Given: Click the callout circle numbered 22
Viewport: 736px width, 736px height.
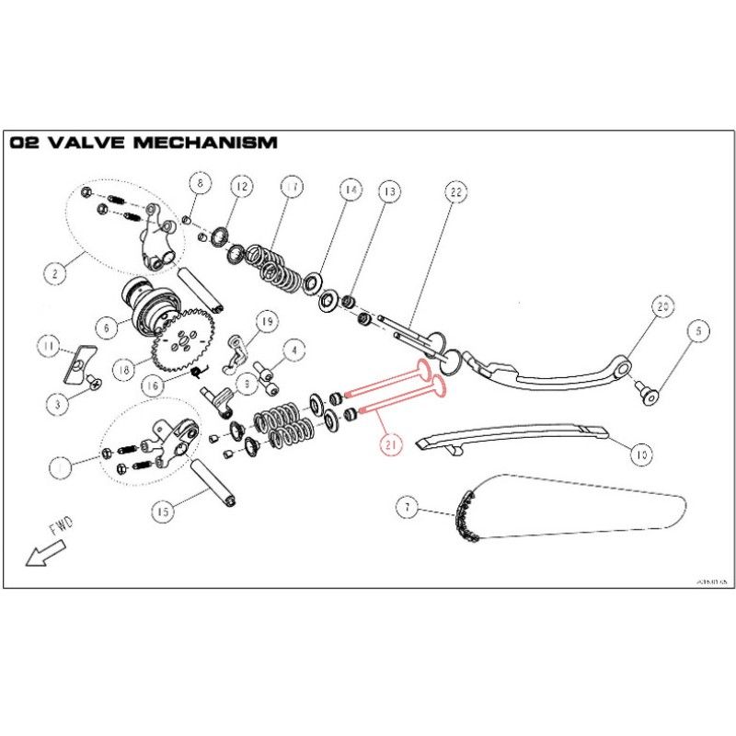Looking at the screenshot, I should tap(454, 192).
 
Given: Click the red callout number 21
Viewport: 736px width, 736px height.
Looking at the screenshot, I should tap(391, 445).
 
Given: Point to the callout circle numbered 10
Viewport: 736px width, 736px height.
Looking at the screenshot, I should tap(641, 453).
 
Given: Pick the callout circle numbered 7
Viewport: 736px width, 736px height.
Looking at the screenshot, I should tap(407, 506).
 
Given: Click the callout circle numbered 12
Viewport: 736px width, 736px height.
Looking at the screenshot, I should tap(240, 187).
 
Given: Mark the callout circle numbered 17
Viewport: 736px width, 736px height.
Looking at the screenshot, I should tap(292, 187).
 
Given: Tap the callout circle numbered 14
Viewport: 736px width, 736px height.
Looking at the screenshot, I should tap(349, 190).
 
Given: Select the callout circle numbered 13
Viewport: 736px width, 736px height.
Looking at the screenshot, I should tap(389, 191).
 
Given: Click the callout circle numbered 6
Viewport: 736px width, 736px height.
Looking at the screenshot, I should tap(108, 326).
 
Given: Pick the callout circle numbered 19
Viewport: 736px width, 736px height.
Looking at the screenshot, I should tap(267, 321).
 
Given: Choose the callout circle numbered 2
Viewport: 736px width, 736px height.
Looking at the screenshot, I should tap(55, 272).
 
